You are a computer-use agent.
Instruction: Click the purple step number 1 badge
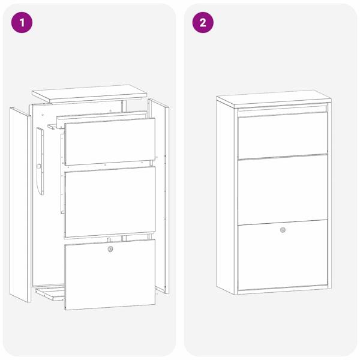(x=22, y=23)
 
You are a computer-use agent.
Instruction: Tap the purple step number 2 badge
(x=203, y=23)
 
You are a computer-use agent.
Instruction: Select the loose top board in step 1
(x=89, y=93)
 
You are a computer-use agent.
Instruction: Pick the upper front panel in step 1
(x=109, y=140)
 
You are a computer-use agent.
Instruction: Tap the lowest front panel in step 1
(x=109, y=276)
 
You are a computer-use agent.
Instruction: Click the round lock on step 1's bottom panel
(x=109, y=249)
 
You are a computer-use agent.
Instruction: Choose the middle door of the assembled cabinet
(x=283, y=189)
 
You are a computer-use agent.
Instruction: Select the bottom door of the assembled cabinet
(x=283, y=258)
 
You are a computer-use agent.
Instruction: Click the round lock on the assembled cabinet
(x=283, y=230)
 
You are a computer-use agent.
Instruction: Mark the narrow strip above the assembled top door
(x=283, y=109)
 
